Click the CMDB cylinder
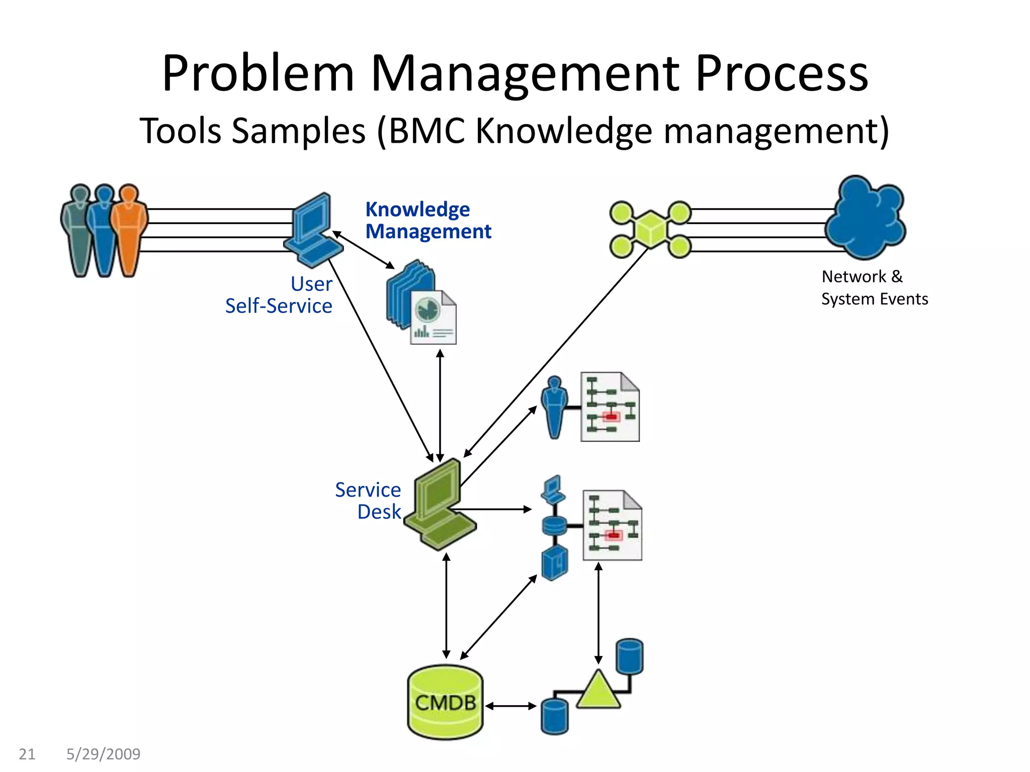click(445, 702)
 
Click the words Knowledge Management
click(427, 220)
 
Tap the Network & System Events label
click(874, 287)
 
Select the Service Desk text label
click(368, 501)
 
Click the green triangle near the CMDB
click(598, 691)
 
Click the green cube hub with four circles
click(651, 229)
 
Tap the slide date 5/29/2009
click(103, 754)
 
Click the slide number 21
click(27, 754)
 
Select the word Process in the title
click(782, 74)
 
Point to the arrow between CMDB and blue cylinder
click(510, 706)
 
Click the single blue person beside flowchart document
click(554, 407)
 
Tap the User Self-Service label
click(280, 295)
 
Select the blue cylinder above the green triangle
click(629, 656)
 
